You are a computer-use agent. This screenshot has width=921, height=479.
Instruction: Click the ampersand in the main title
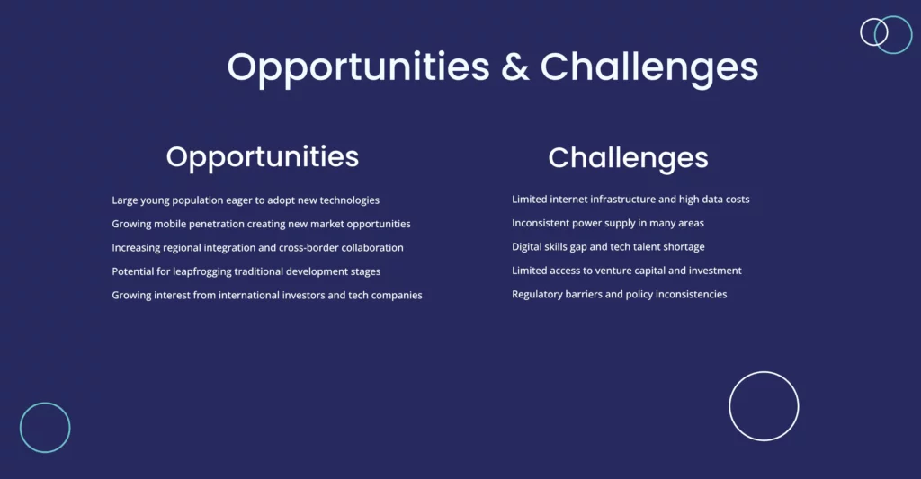[x=515, y=67]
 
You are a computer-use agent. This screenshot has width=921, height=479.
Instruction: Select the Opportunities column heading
[x=263, y=157]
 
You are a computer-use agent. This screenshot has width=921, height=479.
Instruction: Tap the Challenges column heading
[x=628, y=158]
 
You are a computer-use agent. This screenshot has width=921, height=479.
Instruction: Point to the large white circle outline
[x=729, y=406]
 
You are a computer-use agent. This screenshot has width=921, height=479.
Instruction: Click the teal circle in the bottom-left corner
[x=21, y=428]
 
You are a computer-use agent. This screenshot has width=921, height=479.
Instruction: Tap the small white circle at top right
[x=861, y=31]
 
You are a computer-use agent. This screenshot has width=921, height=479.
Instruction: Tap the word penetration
[x=216, y=225]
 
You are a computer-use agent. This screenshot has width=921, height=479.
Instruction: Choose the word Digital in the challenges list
[x=526, y=247]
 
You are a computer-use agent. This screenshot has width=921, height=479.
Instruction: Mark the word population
[x=197, y=200]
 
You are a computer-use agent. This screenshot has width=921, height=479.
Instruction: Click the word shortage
[x=684, y=247]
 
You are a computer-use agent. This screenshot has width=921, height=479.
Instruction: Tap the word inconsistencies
[x=692, y=295]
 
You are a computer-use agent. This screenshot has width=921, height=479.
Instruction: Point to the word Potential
[x=133, y=271]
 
